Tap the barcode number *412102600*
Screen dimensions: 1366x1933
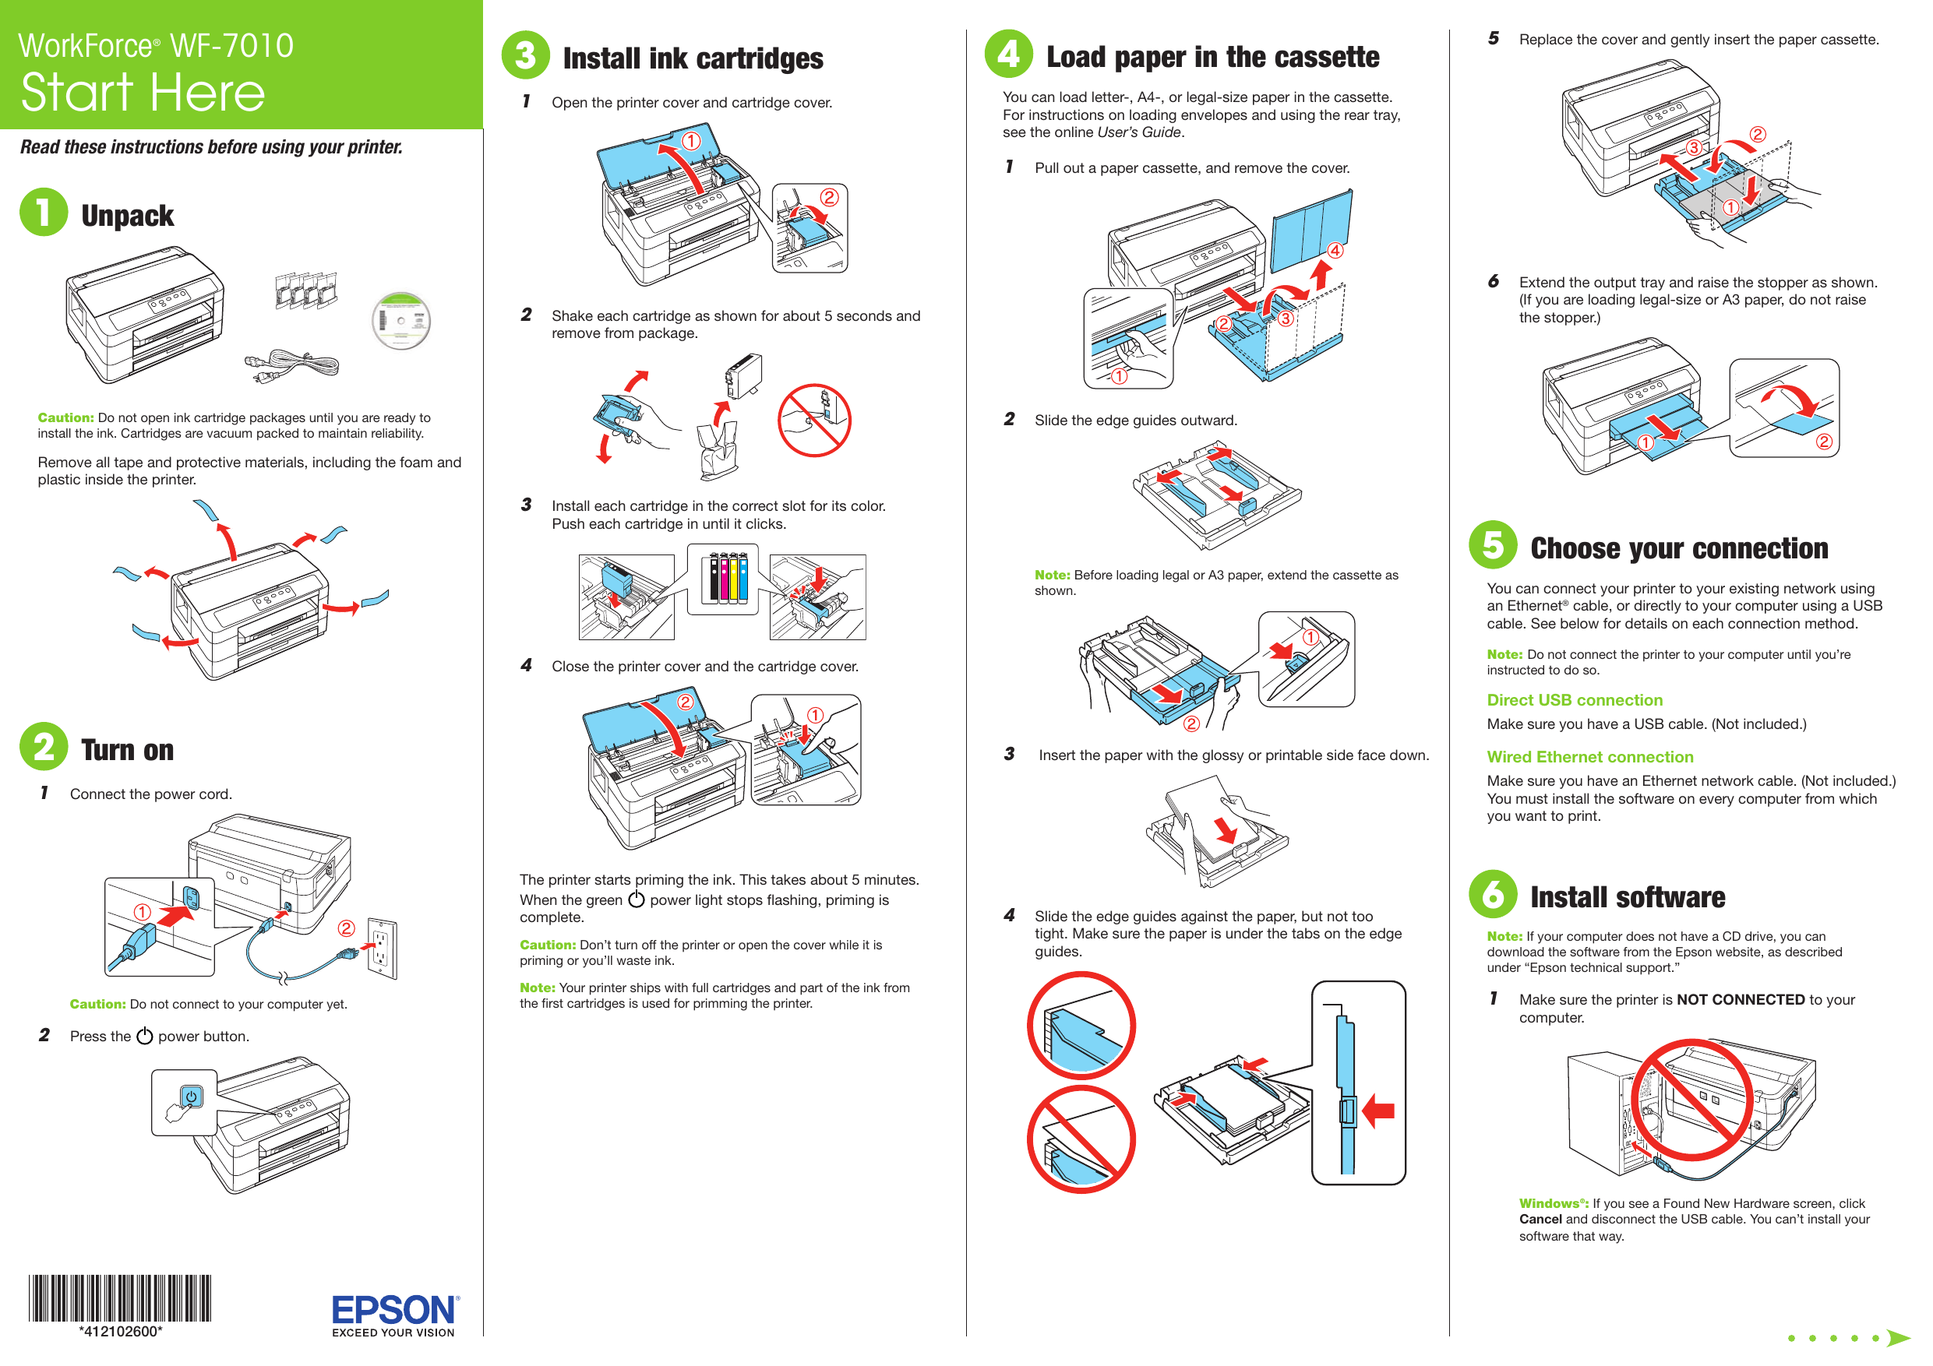coord(121,1332)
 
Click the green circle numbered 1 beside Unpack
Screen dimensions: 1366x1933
coord(44,212)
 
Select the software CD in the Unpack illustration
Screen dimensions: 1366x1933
coord(400,321)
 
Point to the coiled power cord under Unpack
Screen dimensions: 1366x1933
coord(293,366)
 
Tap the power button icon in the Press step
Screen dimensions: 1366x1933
coord(191,1097)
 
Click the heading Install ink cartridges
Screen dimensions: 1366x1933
coord(692,58)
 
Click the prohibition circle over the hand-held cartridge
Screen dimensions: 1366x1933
coord(813,420)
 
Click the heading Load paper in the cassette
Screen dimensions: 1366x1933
coord(1212,56)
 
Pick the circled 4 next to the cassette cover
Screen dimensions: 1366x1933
coord(1335,250)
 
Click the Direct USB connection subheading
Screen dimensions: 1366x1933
coord(1574,699)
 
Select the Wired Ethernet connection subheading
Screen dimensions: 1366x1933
coord(1589,757)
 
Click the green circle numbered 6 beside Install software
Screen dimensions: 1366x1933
coord(1492,894)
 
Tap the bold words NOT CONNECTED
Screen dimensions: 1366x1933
coord(1739,999)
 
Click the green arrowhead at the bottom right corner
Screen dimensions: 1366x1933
coord(1898,1337)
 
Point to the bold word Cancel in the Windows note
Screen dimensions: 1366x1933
coord(1540,1219)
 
